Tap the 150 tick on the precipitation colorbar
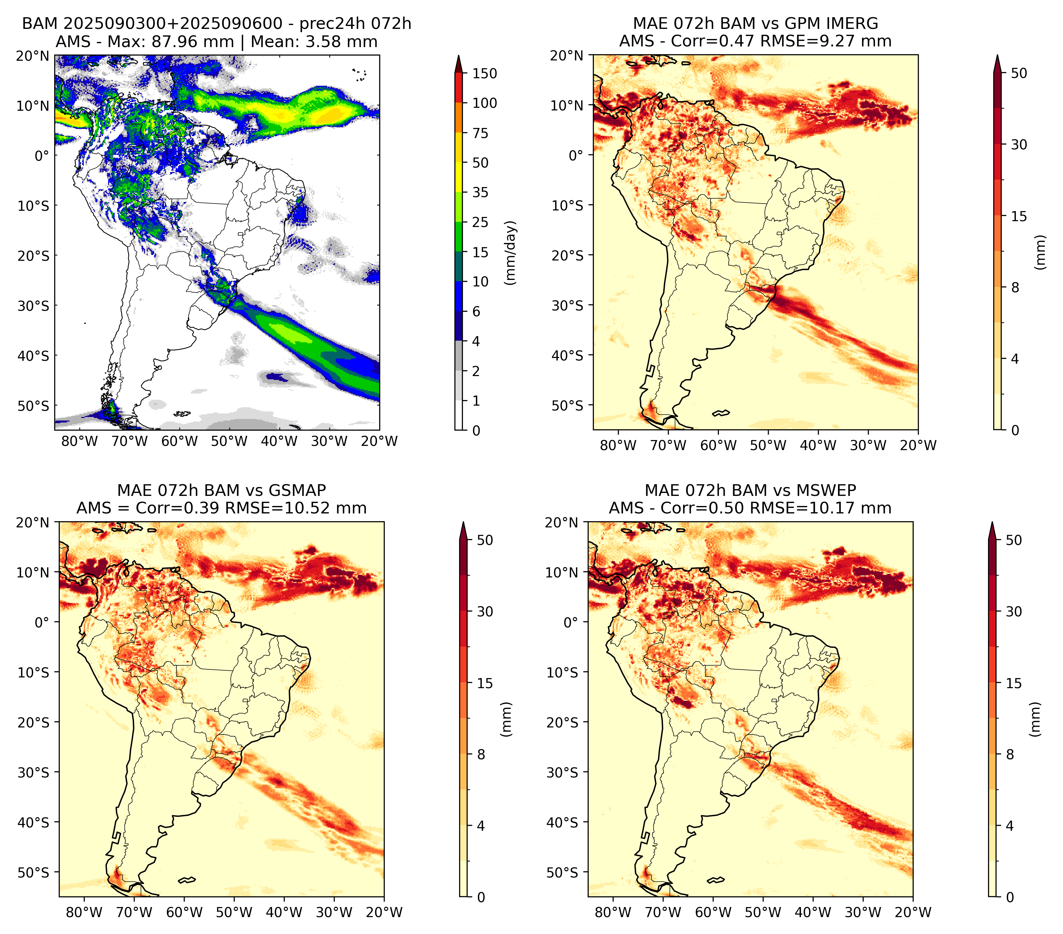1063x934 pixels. click(485, 73)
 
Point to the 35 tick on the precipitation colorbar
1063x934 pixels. click(481, 192)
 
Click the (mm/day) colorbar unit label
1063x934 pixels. click(511, 253)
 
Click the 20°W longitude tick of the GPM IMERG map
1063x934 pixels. click(918, 445)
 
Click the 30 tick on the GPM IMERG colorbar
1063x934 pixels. click(1019, 145)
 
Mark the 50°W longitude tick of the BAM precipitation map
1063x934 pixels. click(229, 442)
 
